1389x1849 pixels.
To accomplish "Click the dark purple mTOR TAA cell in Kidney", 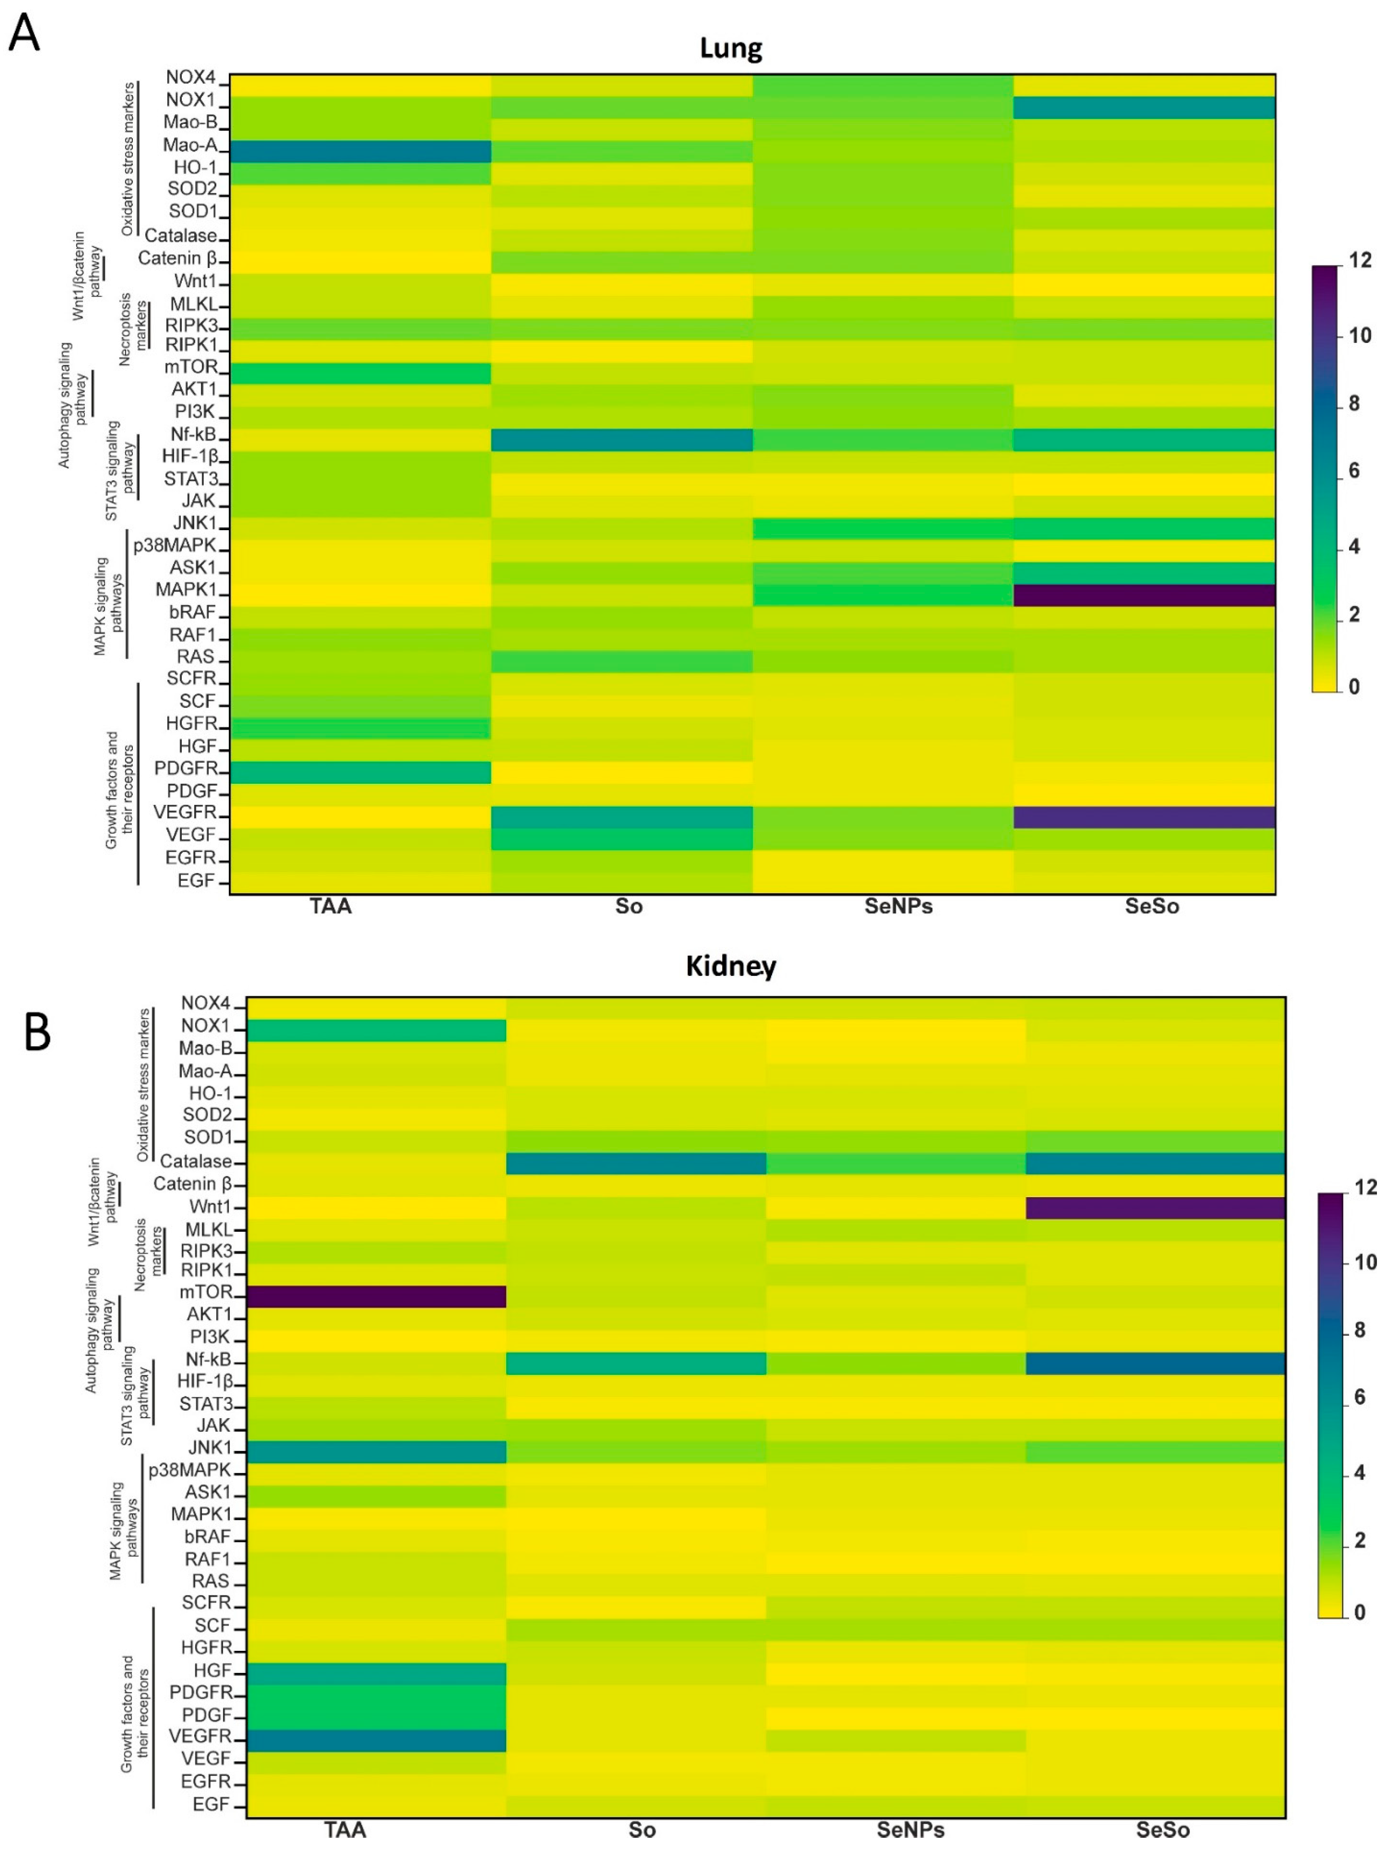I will point(376,1296).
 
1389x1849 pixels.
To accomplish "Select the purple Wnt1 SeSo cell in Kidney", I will point(1155,1208).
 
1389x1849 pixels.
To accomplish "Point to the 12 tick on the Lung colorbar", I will point(1360,261).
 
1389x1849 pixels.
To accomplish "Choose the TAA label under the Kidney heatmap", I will point(345,1830).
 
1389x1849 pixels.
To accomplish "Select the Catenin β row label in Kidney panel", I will point(192,1184).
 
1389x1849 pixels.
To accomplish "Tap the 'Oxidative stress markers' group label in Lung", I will point(128,159).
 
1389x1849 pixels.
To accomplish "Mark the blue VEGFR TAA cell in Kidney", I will point(376,1740).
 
